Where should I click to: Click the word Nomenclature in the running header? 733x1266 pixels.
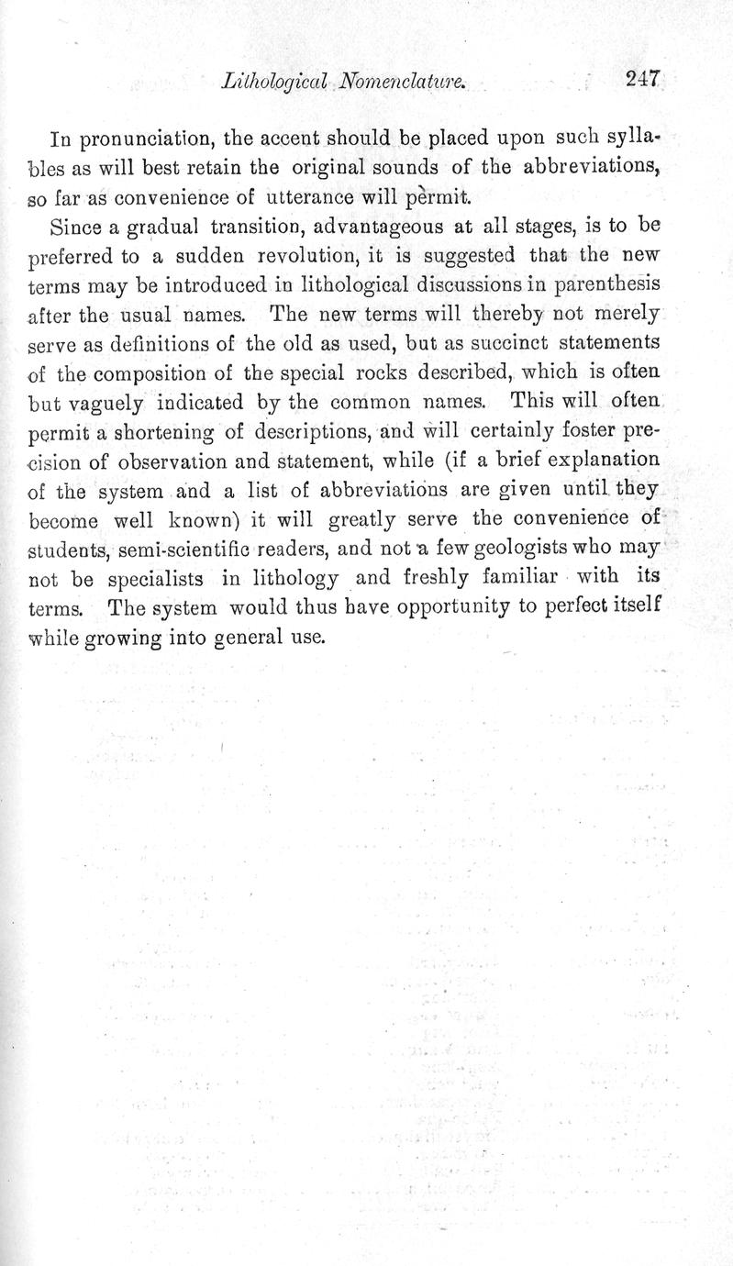click(x=391, y=83)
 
